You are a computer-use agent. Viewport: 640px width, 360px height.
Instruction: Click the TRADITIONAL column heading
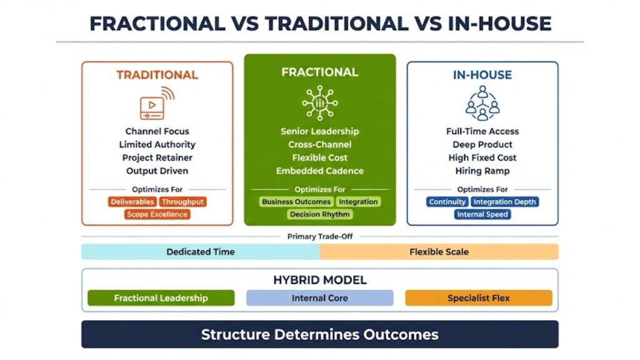[x=157, y=75]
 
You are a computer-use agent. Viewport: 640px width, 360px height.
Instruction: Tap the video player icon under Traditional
[x=157, y=103]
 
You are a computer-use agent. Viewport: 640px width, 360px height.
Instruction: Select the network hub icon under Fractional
[x=319, y=103]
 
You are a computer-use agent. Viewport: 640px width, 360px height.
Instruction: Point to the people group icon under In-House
[x=482, y=103]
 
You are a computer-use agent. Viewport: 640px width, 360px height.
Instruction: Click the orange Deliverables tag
[x=132, y=202]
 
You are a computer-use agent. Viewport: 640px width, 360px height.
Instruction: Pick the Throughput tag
[x=182, y=202]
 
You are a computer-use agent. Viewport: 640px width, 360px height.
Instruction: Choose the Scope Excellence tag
[x=157, y=214]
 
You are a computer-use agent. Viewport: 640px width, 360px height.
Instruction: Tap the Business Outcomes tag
[x=296, y=202]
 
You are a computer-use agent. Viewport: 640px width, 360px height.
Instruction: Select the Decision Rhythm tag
[x=319, y=214]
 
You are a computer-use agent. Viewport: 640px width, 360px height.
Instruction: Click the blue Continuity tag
[x=447, y=202]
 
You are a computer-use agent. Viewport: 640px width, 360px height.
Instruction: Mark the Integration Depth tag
[x=504, y=202]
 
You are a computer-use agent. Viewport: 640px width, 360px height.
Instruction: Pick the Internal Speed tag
[x=482, y=214]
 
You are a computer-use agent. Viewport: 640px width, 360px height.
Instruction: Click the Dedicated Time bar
[x=201, y=252]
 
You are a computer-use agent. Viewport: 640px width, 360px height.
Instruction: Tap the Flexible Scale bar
[x=439, y=252]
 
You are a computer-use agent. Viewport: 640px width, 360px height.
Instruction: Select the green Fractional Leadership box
[x=161, y=298]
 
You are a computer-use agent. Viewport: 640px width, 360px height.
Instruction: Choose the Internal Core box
[x=319, y=298]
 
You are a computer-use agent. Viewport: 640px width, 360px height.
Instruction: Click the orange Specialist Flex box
[x=478, y=298]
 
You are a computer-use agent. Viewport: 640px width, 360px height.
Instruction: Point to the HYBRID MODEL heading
[x=320, y=280]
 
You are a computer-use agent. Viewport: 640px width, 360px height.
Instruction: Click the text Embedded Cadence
[x=319, y=171]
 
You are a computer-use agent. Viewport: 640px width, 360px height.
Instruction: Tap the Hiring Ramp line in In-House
[x=482, y=171]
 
